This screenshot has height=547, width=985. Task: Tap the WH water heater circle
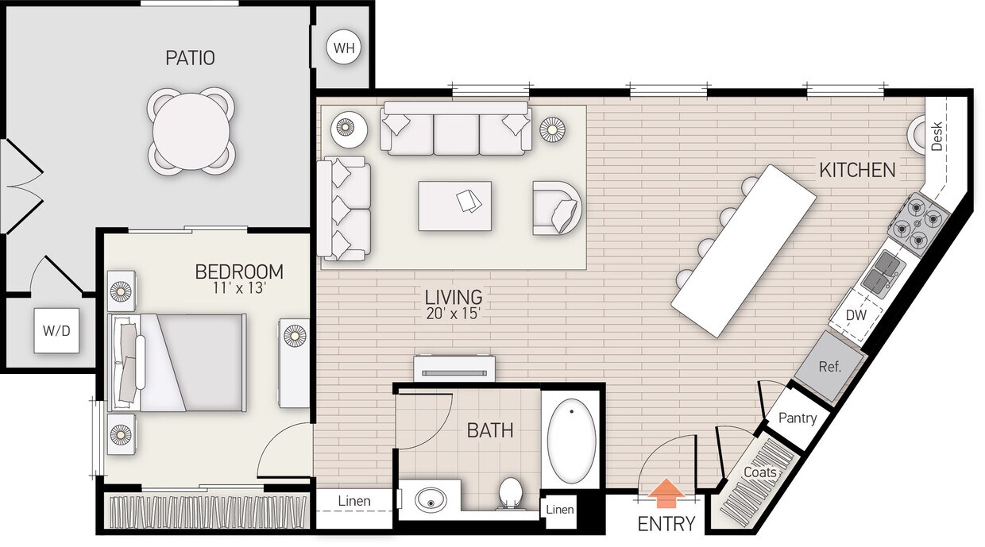coord(344,48)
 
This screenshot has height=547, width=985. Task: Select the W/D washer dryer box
coord(56,329)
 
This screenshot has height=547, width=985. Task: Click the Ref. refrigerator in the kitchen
coord(829,368)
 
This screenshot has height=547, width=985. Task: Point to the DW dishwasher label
coord(856,315)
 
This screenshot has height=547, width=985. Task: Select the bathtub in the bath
coord(572,442)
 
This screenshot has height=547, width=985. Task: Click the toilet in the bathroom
coord(509,493)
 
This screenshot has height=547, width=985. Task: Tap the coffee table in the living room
coord(454,206)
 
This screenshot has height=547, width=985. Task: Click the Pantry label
coord(798,418)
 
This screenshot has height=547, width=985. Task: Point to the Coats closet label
coord(759,472)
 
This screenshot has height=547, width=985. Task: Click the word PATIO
coord(190,58)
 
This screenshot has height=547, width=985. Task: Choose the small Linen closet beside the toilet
coord(559,509)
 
